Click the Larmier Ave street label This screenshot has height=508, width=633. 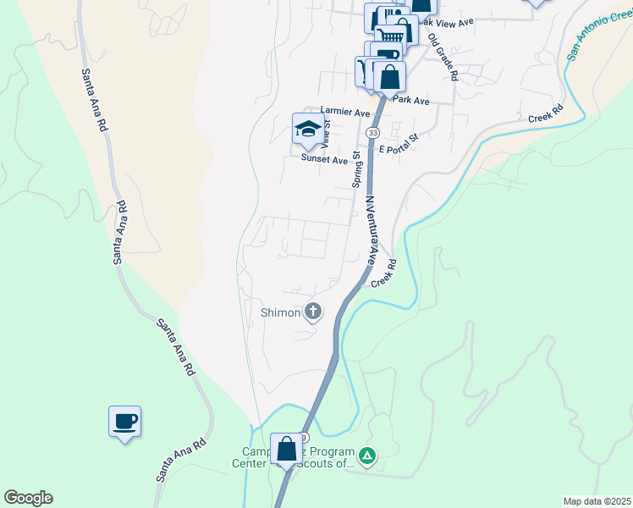point(345,112)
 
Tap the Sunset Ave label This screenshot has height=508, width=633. point(324,159)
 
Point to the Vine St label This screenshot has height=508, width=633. point(325,133)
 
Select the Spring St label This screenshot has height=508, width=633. point(357,170)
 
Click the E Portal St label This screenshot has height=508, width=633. point(399,143)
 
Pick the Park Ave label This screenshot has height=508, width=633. point(411,101)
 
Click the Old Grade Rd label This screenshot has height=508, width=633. point(443,58)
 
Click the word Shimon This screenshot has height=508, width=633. point(280,312)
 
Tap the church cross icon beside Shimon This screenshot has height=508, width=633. point(313,312)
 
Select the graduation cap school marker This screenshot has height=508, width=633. point(308,130)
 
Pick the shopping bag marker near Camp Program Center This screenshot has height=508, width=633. point(286,449)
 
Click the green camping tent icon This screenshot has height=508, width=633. point(367,457)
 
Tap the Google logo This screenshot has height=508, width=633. point(28,498)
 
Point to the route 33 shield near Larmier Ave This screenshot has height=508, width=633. point(372,134)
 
